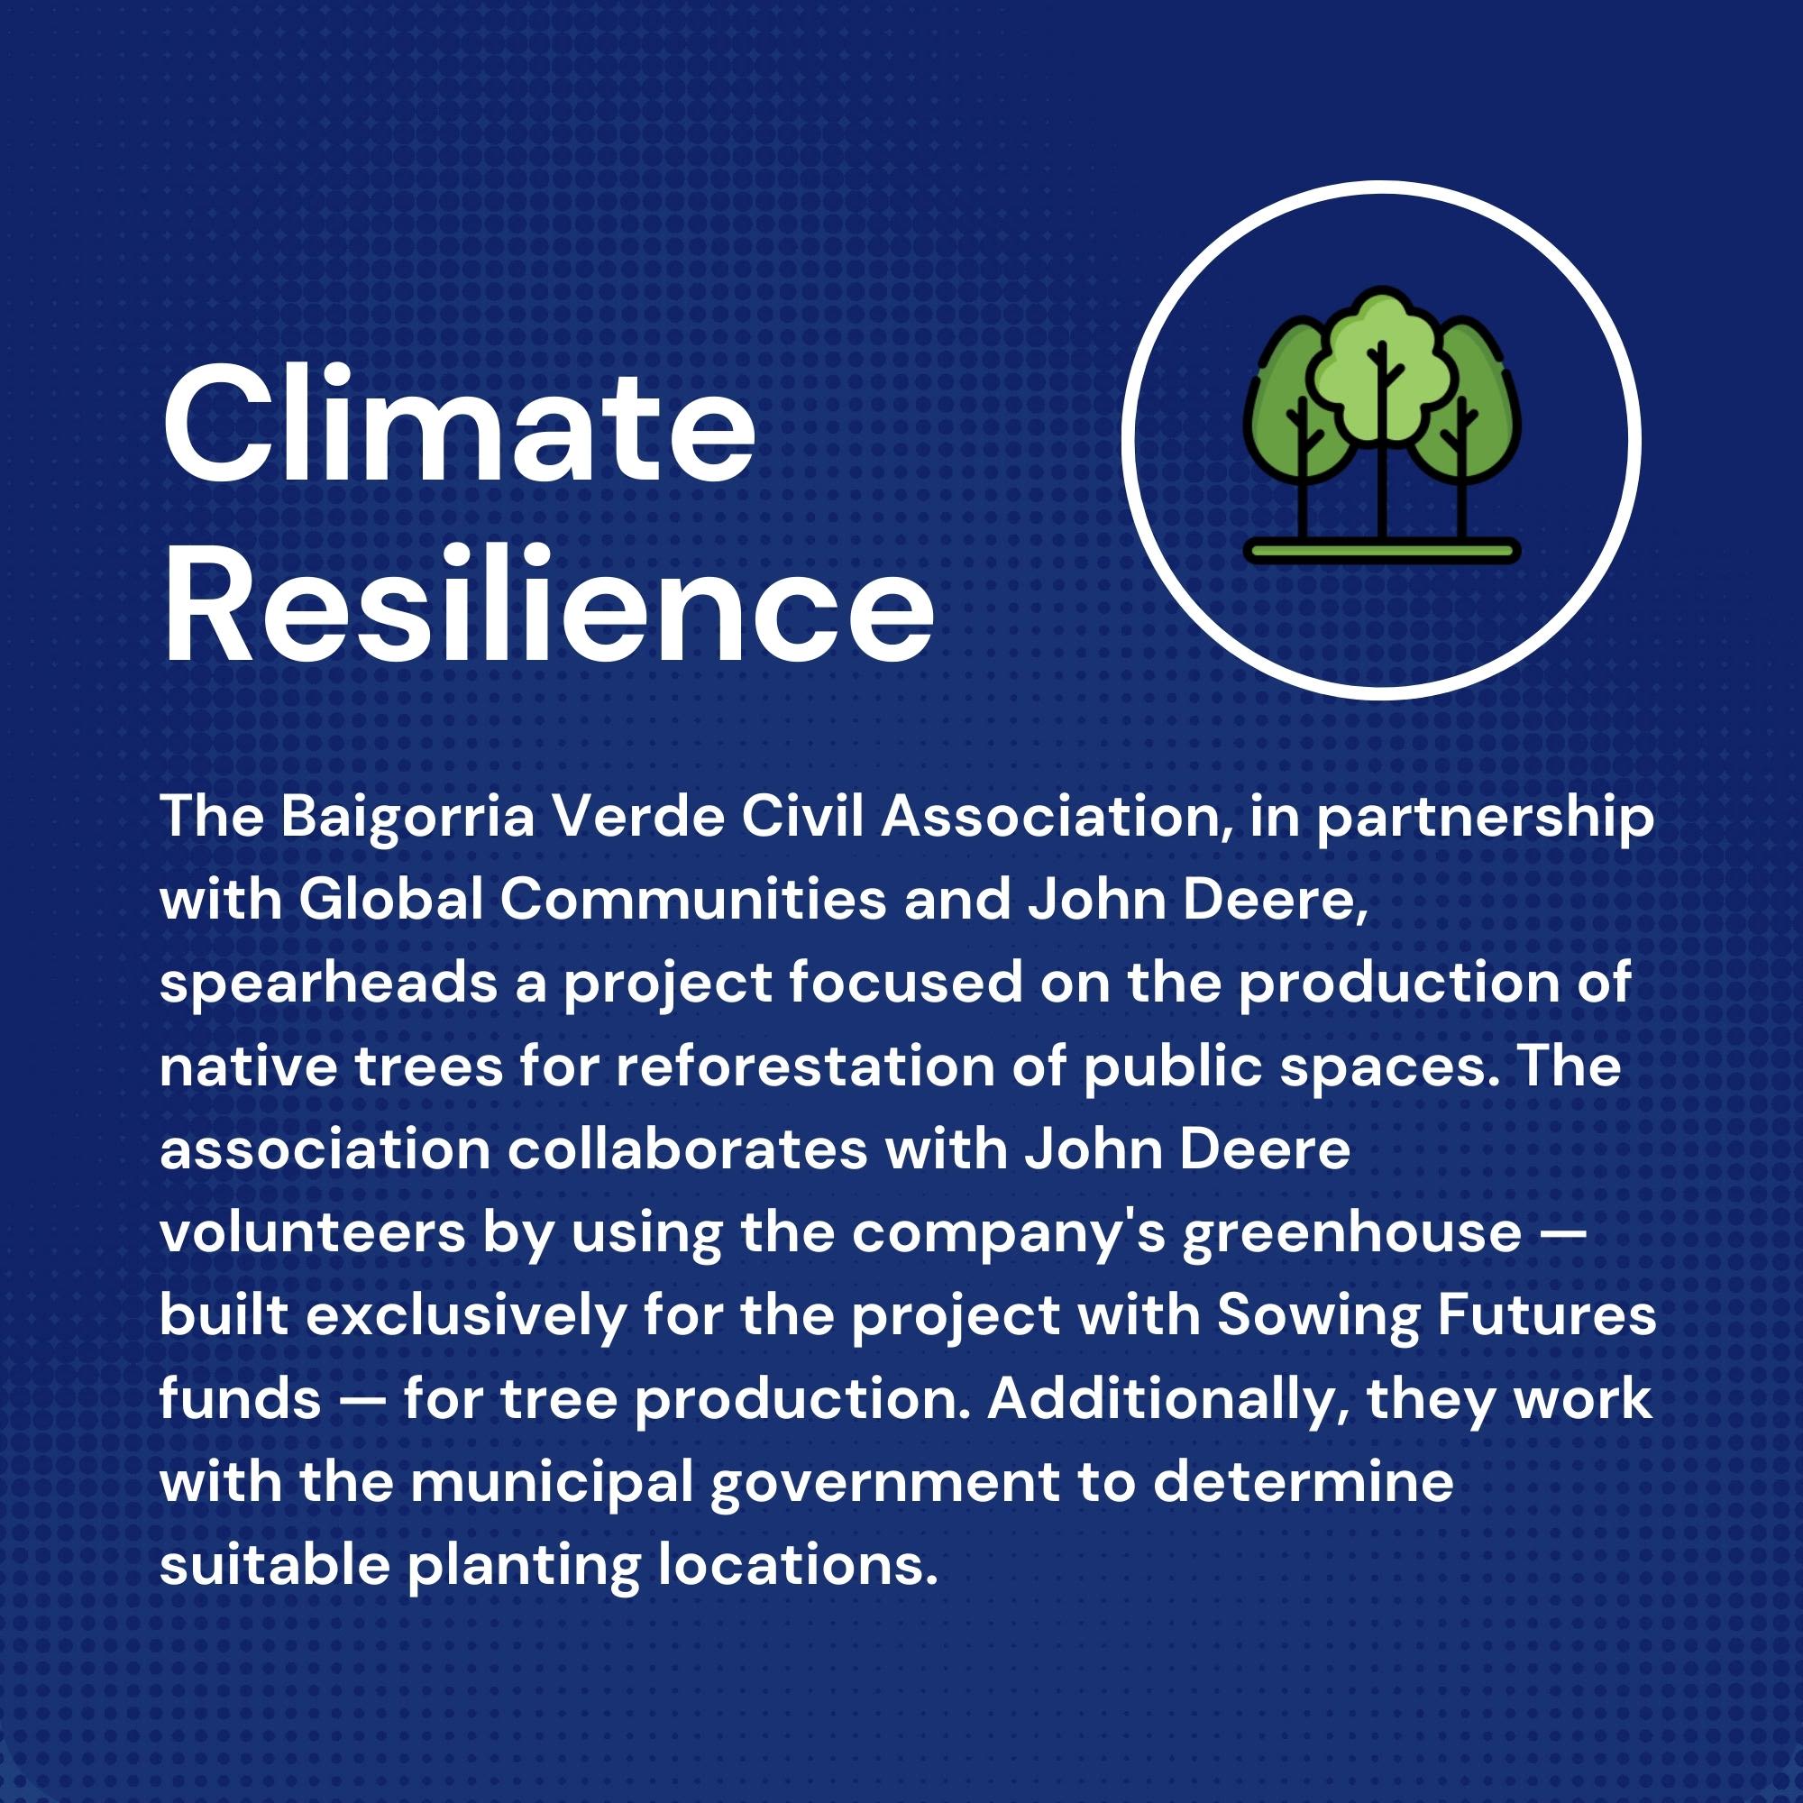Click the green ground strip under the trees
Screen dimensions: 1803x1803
pyautogui.click(x=1381, y=550)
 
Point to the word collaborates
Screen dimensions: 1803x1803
pyautogui.click(x=688, y=1149)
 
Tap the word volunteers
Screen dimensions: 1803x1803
pyautogui.click(x=312, y=1232)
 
